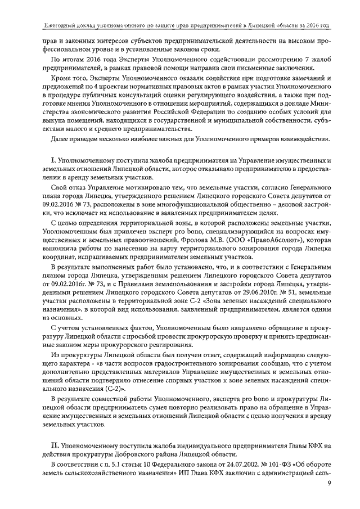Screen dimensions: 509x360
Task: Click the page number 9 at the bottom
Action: [x=328, y=497]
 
